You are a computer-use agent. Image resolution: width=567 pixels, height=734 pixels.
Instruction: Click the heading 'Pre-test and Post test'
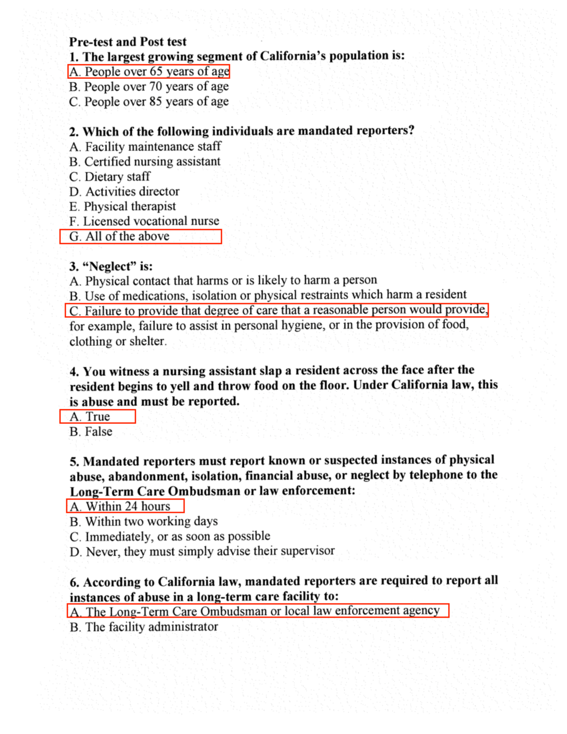128,42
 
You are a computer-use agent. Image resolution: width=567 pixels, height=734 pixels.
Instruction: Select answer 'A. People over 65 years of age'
149,71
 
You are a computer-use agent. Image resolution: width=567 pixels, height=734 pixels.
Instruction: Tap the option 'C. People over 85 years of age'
149,102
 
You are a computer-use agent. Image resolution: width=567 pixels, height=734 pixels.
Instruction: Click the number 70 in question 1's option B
156,86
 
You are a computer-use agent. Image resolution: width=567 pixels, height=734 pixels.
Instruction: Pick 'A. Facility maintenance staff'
145,147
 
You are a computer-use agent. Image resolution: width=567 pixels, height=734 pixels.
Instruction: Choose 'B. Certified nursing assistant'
145,162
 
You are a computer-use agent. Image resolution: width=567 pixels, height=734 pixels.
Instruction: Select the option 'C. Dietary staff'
110,177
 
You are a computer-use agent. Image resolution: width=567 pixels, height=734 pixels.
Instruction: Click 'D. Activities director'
124,191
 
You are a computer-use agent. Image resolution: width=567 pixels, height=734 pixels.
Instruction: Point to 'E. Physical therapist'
122,207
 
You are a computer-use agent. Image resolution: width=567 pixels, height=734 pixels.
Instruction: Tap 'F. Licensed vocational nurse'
144,221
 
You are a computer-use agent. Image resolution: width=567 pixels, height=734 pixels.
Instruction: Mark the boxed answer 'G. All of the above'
120,236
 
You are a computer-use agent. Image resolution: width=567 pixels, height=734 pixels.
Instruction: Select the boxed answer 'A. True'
90,416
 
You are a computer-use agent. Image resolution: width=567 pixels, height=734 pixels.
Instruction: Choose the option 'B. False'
91,432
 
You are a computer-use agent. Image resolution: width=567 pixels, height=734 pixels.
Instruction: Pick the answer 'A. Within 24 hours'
120,506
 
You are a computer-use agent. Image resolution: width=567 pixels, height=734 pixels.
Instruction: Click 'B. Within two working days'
144,521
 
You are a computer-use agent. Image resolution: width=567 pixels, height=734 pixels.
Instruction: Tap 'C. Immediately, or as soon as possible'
170,536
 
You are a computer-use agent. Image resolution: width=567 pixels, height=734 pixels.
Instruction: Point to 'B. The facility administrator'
144,627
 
